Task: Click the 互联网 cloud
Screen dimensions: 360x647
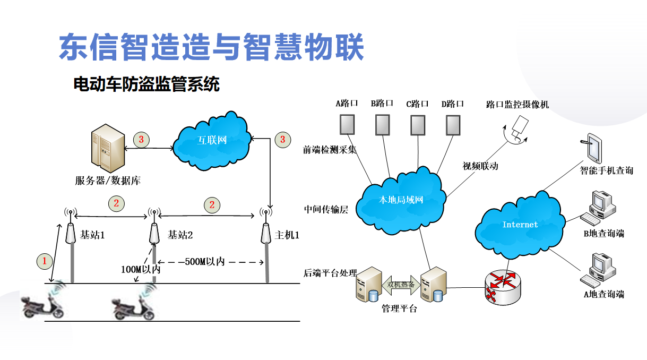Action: point(212,140)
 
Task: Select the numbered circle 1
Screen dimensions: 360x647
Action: point(45,261)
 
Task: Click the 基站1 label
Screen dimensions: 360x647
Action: point(92,234)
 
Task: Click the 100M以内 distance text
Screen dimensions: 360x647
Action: point(140,269)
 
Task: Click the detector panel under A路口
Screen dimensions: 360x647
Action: point(347,125)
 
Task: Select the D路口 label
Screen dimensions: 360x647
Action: point(452,104)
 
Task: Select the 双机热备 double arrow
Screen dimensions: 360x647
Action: point(401,284)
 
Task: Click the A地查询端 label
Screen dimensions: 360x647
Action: point(604,294)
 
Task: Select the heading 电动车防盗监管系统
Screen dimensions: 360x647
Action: point(146,84)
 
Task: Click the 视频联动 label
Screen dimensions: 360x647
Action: point(480,166)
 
